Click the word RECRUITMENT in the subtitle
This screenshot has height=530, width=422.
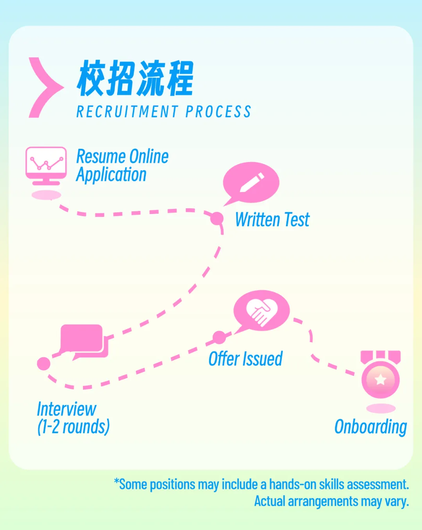[127, 112]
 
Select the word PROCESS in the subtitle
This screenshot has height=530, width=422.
[218, 112]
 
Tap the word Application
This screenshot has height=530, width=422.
[111, 175]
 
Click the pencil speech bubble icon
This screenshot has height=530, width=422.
[251, 182]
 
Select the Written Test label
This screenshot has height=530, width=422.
[272, 219]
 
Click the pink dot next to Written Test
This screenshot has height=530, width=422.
[217, 218]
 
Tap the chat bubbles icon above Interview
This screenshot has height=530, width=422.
[84, 341]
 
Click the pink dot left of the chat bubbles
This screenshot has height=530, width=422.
[44, 364]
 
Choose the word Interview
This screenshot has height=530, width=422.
[66, 409]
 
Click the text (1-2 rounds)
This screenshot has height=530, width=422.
[73, 426]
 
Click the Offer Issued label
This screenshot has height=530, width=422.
[245, 359]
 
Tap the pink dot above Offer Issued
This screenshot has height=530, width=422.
[219, 337]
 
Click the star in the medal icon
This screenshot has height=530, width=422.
[380, 380]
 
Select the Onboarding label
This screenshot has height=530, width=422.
[370, 426]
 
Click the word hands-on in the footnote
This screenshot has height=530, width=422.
[293, 485]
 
